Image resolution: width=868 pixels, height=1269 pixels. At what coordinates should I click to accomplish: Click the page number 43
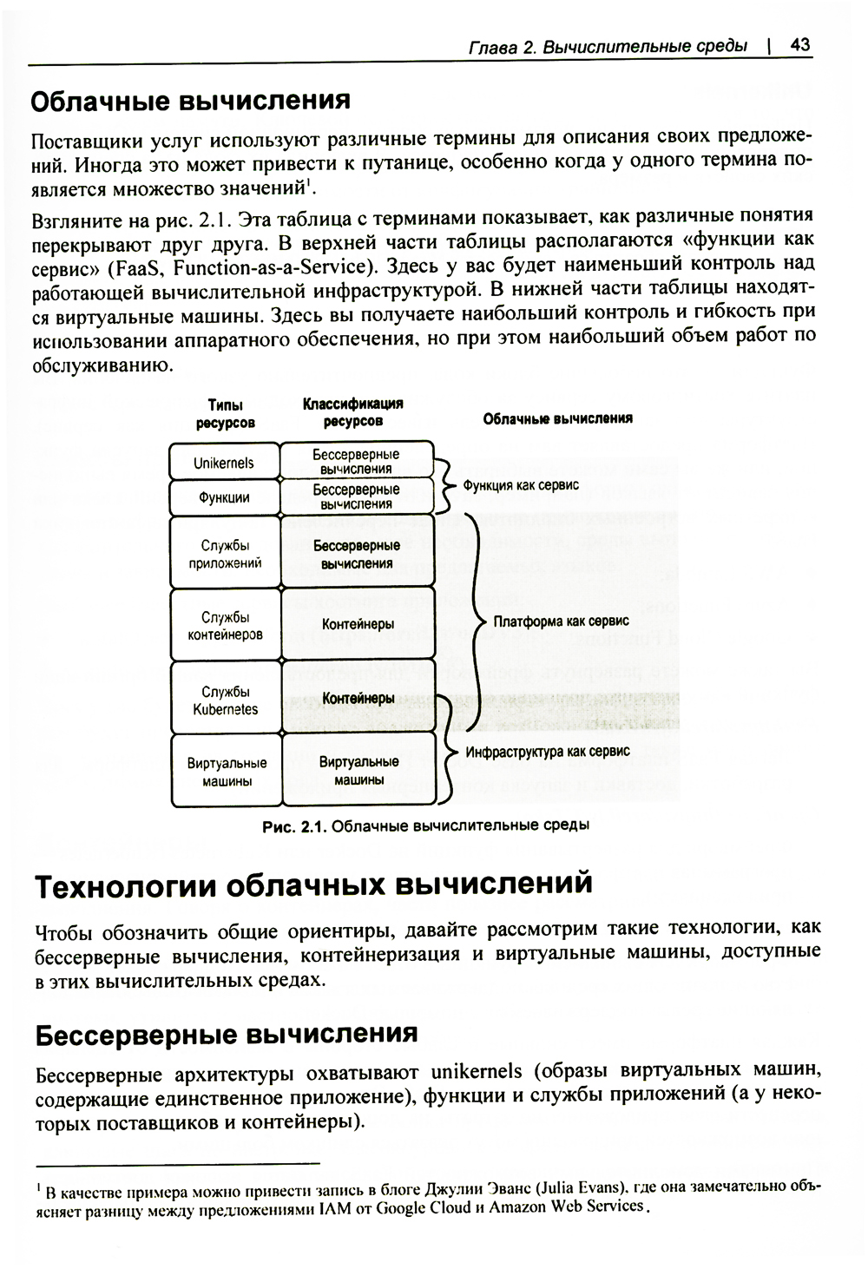[800, 45]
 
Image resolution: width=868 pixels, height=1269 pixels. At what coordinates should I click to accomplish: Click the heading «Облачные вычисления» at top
[190, 101]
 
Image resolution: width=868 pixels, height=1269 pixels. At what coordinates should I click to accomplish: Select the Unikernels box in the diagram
[224, 463]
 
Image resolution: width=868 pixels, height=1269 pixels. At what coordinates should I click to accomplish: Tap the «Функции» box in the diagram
[224, 497]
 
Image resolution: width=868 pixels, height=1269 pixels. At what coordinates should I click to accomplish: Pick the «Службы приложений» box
[225, 554]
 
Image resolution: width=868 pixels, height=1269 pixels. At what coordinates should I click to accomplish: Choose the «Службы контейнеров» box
[225, 626]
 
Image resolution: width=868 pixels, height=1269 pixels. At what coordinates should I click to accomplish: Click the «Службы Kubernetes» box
[225, 700]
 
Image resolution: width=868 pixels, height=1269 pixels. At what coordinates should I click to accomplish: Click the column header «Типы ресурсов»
[225, 414]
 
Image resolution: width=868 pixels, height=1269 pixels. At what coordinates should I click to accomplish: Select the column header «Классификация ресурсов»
[352, 412]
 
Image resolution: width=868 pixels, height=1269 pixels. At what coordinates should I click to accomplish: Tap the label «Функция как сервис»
[521, 485]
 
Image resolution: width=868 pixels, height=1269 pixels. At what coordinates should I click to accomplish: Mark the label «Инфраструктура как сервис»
[548, 752]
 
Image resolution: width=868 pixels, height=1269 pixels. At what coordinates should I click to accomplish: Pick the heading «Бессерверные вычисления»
[227, 1033]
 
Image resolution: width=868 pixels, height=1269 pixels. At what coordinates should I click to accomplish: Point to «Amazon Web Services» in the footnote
[567, 1207]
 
